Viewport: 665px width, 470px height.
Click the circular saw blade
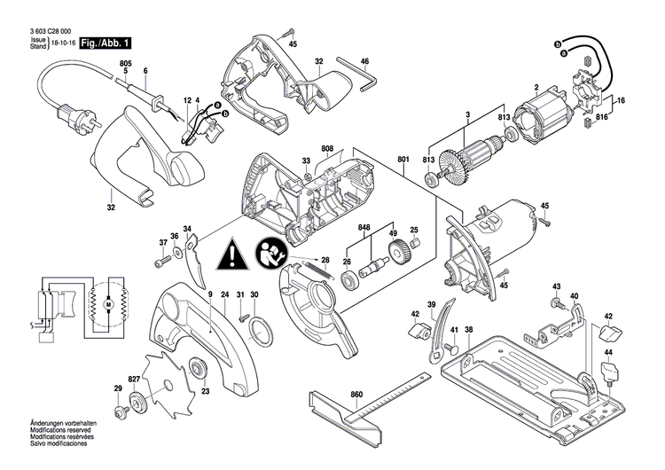(168, 383)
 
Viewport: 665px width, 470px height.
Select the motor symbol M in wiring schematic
(107, 305)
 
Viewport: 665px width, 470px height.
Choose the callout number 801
(405, 160)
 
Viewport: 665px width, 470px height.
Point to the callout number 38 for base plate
(469, 329)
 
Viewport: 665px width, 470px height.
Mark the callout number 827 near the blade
(135, 379)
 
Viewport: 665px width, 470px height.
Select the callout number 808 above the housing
(327, 148)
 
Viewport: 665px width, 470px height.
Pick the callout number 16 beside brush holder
(621, 102)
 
